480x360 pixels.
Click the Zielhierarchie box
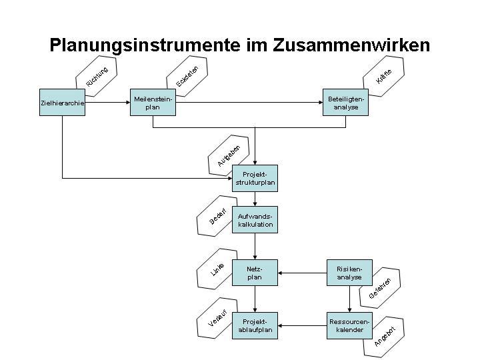click(62, 103)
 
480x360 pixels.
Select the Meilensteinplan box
click(153, 103)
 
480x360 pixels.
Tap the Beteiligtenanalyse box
click(345, 103)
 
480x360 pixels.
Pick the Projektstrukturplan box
click(255, 178)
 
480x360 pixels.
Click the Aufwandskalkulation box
click(255, 221)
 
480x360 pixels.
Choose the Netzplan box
click(255, 273)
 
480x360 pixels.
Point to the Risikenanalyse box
click(349, 273)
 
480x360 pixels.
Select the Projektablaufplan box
click(255, 325)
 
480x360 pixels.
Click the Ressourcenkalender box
click(349, 325)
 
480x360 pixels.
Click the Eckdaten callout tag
click(188, 75)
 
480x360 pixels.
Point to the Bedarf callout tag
click(218, 217)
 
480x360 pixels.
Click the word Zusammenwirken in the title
click(351, 45)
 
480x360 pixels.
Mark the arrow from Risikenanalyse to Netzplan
click(303, 273)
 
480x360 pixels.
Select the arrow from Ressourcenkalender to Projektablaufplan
click(303, 325)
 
